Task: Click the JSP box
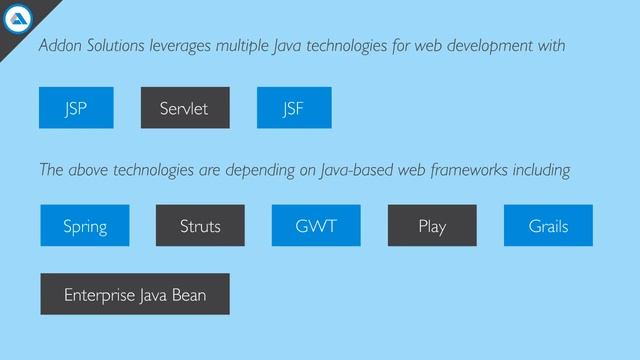(x=76, y=108)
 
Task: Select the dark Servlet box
(x=184, y=108)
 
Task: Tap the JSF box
(x=294, y=108)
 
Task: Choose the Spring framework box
(x=85, y=226)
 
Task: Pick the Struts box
(x=200, y=226)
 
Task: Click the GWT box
(x=316, y=226)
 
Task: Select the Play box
(x=432, y=226)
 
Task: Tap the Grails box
(x=548, y=226)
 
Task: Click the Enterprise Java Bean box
(x=135, y=295)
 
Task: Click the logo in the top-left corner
(x=19, y=18)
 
